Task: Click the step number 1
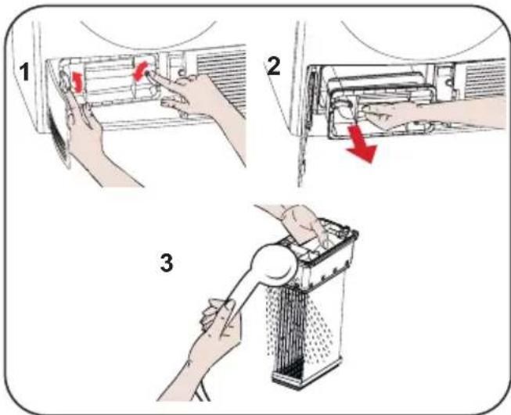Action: coord(24,72)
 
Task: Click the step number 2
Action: coord(273,67)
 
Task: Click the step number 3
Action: coord(167,263)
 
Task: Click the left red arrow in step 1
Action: coord(77,82)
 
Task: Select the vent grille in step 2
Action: coord(484,80)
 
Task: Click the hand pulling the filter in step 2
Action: coord(423,115)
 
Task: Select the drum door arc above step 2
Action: coord(420,45)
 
